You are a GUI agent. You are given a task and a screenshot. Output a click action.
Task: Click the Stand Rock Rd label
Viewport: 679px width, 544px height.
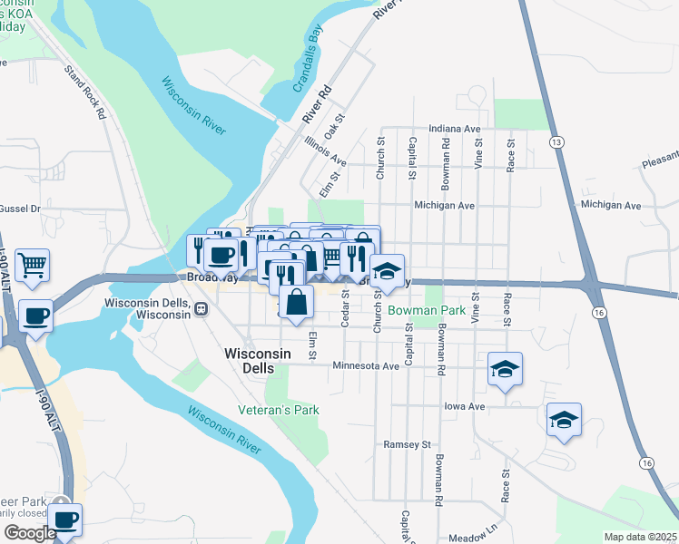click(x=86, y=92)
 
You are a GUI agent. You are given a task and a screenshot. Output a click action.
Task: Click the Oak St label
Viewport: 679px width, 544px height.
click(x=339, y=123)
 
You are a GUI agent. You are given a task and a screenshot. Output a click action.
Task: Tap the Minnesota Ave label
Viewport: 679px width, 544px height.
click(x=366, y=366)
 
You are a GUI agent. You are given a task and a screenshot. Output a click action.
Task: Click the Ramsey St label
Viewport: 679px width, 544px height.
click(x=407, y=445)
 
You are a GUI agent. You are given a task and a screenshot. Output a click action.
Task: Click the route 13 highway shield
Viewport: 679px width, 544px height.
click(x=556, y=142)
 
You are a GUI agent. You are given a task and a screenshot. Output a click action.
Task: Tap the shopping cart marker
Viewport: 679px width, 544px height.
click(x=32, y=265)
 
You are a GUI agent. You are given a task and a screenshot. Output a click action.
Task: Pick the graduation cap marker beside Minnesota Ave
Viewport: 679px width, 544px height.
click(x=505, y=368)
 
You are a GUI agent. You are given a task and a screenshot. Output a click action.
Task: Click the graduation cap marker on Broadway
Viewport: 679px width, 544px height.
click(x=387, y=270)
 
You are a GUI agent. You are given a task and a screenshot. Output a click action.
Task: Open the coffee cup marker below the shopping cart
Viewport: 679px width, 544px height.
click(x=35, y=316)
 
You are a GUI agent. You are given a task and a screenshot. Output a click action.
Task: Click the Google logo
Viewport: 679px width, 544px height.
click(x=29, y=533)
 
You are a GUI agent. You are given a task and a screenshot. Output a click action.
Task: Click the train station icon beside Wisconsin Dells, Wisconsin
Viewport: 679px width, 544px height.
click(x=201, y=308)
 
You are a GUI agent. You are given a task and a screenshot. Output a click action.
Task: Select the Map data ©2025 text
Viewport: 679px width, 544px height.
click(x=641, y=537)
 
